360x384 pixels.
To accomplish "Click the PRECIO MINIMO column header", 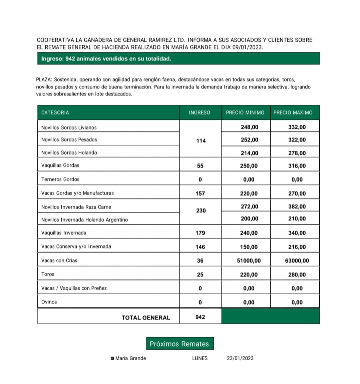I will click(x=245, y=113).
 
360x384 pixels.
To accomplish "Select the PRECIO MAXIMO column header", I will click(x=293, y=113).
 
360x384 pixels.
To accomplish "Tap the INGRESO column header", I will click(x=199, y=113).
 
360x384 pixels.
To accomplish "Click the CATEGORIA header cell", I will click(x=55, y=113).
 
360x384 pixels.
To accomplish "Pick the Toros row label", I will click(x=48, y=274).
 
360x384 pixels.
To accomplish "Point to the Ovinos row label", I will click(x=49, y=302).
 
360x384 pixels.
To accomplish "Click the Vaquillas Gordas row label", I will click(x=60, y=165).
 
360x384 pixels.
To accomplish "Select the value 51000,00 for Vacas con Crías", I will click(x=249, y=261).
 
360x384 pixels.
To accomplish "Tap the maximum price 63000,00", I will click(x=297, y=261).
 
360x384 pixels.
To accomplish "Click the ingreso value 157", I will click(x=200, y=194).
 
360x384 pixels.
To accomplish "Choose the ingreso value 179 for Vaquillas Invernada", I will click(x=200, y=233).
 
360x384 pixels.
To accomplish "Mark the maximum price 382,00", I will click(x=297, y=207).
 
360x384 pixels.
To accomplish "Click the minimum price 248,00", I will click(x=249, y=127).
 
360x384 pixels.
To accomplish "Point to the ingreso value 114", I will click(x=201, y=141).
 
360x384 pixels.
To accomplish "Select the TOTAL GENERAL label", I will click(x=146, y=318).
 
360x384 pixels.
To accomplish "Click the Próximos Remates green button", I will click(x=180, y=344).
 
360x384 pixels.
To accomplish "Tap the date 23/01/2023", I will click(x=240, y=358).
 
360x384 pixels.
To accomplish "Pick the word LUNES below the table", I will click(x=200, y=358).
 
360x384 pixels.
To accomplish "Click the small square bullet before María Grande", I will click(x=112, y=358).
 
